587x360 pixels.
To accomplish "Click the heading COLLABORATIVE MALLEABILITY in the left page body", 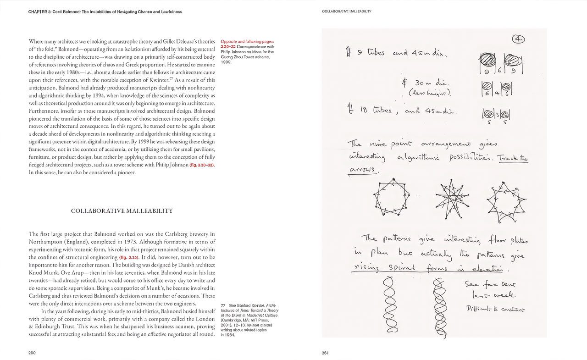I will click(122, 211).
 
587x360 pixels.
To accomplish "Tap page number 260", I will click(32, 353).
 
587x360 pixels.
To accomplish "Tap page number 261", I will click(326, 353).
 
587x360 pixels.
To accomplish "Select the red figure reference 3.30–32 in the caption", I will click(230, 46).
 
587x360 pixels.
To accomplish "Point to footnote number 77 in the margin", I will click(223, 305).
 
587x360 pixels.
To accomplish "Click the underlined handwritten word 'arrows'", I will click(362, 170).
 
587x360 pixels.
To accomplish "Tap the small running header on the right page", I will click(346, 11).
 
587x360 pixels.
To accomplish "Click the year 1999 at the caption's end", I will click(226, 62).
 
